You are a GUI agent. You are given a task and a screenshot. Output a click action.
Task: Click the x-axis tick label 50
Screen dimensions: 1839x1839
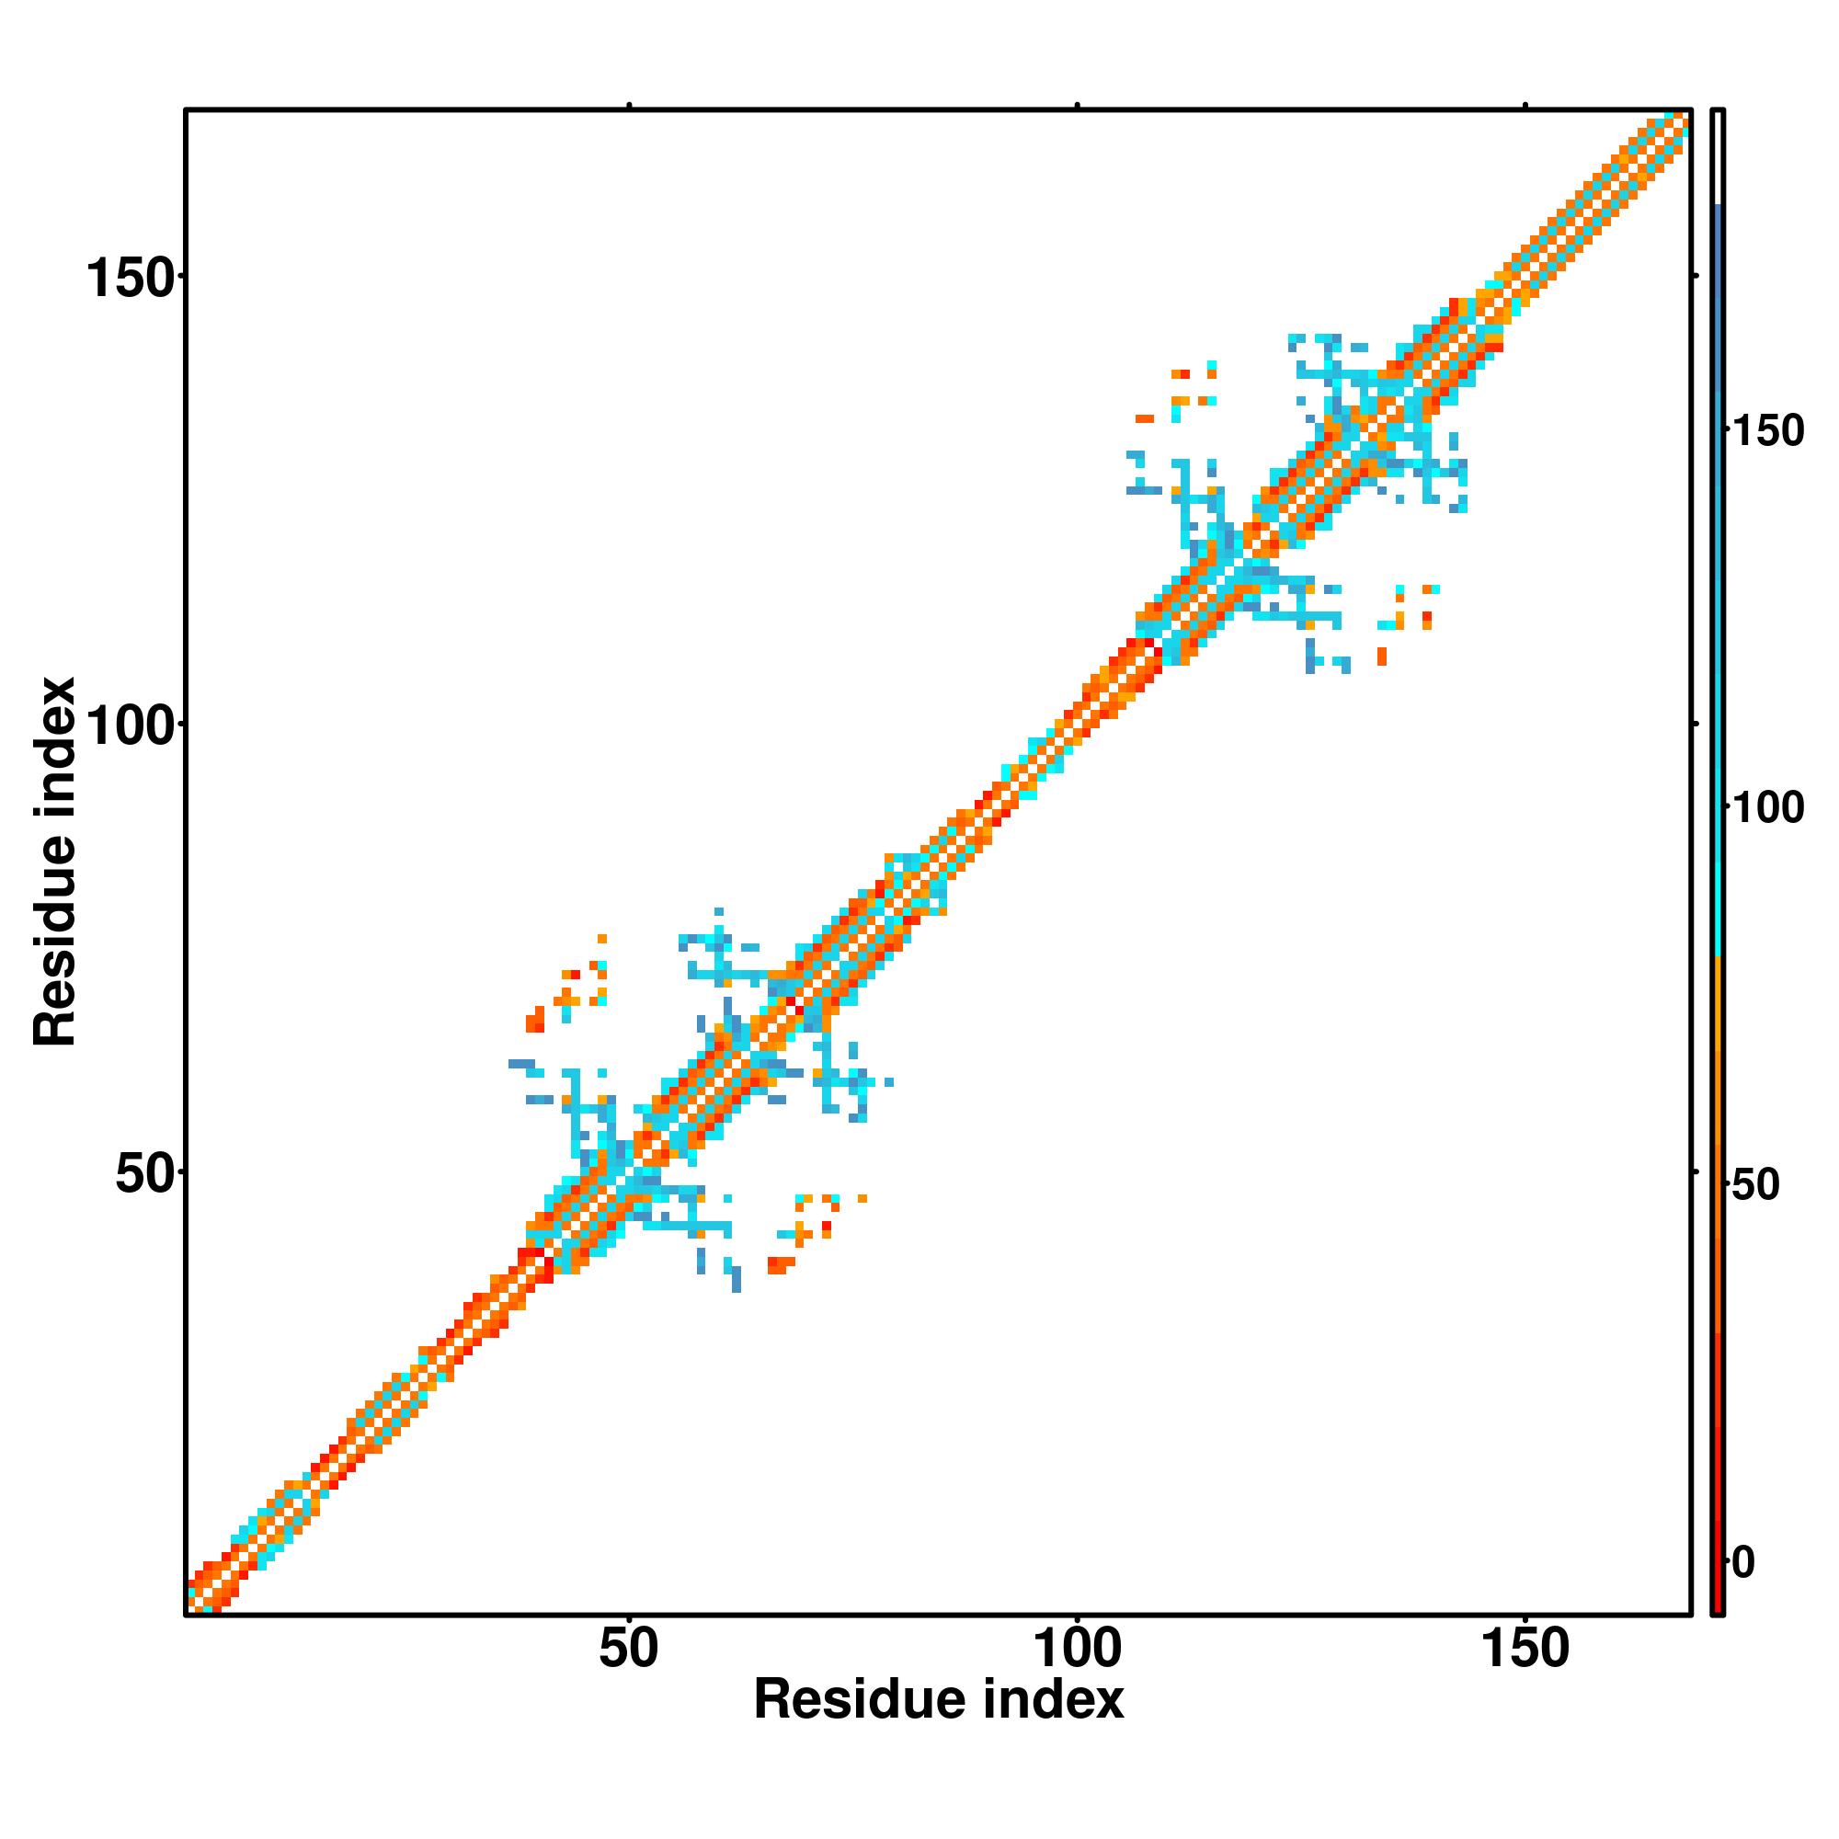629,1648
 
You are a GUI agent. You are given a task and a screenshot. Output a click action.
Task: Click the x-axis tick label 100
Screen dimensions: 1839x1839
1078,1648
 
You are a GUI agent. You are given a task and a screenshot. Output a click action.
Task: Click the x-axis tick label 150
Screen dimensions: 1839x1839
1525,1648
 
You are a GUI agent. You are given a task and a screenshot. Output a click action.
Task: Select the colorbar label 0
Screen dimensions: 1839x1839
1743,1562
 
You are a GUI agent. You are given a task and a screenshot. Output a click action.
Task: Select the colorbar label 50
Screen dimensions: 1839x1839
1755,1185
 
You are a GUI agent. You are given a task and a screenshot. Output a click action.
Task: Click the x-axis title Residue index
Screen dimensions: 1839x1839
939,1700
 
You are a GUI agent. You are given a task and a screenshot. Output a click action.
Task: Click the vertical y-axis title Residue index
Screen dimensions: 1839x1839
54,862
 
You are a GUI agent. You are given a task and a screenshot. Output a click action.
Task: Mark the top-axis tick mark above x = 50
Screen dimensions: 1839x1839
629,105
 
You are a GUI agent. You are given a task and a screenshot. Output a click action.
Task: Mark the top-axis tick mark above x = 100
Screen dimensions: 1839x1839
1078,105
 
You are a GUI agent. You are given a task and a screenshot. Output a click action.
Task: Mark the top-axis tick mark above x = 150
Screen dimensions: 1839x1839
1525,105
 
